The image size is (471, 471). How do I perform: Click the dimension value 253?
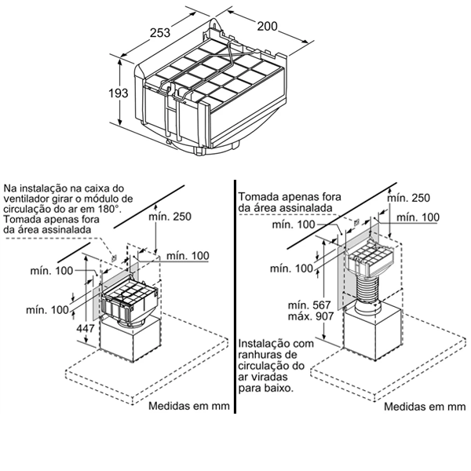(x=160, y=32)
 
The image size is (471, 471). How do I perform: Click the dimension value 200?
(x=267, y=26)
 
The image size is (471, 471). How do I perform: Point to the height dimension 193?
(x=119, y=93)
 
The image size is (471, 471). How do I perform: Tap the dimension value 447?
(x=86, y=328)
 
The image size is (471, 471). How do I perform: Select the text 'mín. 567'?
(x=309, y=305)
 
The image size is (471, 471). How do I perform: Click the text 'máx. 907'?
(x=311, y=316)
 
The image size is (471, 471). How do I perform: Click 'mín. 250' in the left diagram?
(x=170, y=217)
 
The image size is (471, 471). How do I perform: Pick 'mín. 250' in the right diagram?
(x=408, y=198)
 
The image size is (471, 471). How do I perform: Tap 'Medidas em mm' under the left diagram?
(x=189, y=406)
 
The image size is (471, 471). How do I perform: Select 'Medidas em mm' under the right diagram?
(x=425, y=407)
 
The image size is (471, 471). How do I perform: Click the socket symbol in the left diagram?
(x=114, y=257)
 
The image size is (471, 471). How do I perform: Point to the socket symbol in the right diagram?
(x=356, y=223)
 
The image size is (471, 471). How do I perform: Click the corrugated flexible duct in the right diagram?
(x=367, y=289)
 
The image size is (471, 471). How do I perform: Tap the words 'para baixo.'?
(x=266, y=388)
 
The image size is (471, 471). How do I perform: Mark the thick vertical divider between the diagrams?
(x=235, y=297)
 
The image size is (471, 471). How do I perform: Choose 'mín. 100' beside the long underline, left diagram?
(x=188, y=256)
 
